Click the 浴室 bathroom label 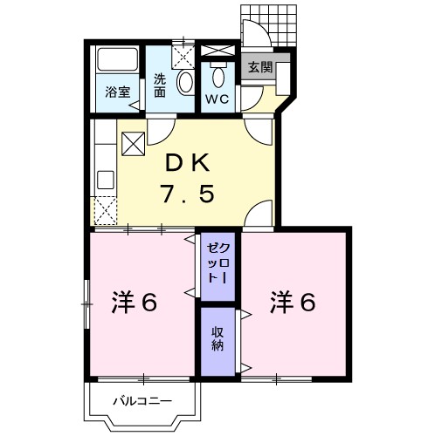pos(118,92)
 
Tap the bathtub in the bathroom pos(118,59)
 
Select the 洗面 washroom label pos(160,85)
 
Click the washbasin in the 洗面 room pos(185,82)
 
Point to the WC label pos(217,99)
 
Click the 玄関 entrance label pos(260,67)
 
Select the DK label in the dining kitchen pos(187,163)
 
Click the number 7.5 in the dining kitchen pos(188,194)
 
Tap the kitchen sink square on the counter pos(106,180)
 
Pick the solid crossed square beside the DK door pos(134,144)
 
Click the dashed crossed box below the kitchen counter pos(106,211)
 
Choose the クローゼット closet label pos(218,263)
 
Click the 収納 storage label pos(217,338)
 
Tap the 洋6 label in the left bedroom pos(135,303)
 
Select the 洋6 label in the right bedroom pos(293,303)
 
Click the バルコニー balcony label pos(142,401)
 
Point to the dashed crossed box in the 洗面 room pos(183,57)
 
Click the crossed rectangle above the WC pos(218,51)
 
